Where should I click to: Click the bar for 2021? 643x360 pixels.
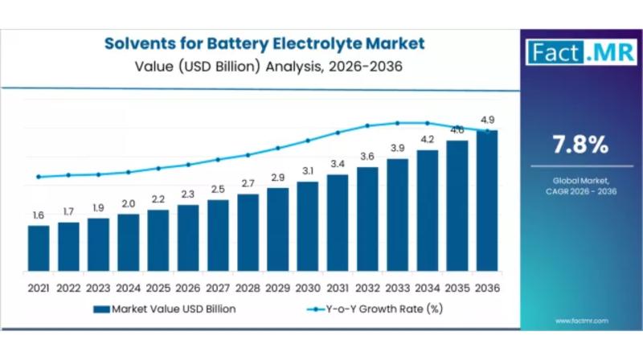click(x=38, y=248)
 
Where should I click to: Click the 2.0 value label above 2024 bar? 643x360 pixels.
click(x=128, y=204)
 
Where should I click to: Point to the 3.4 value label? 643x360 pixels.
click(x=338, y=165)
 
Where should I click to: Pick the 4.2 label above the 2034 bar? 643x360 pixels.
click(x=427, y=140)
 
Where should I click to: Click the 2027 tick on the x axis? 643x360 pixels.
click(x=218, y=287)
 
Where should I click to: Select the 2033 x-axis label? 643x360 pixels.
click(x=397, y=287)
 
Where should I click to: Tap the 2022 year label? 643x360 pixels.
click(x=68, y=287)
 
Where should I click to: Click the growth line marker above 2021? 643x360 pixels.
click(x=38, y=177)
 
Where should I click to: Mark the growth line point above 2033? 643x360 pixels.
click(x=397, y=123)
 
